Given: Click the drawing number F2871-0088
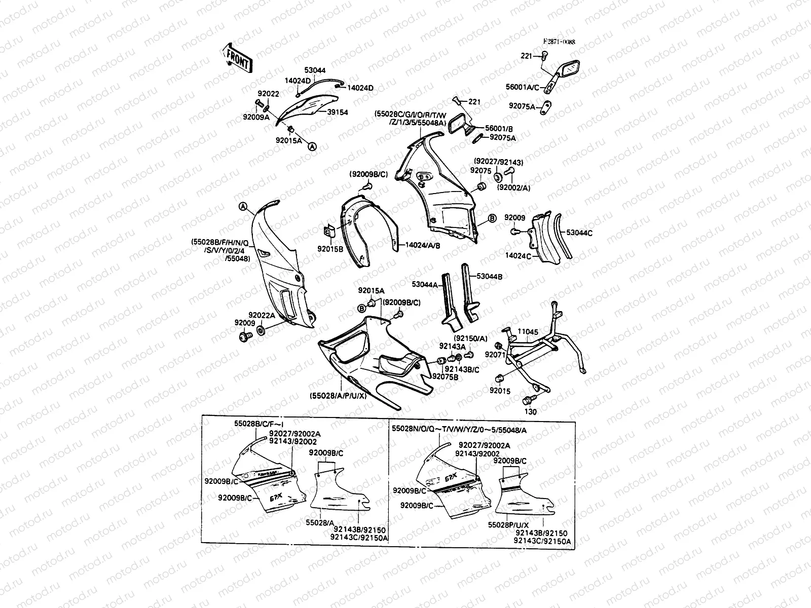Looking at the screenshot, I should (559, 43).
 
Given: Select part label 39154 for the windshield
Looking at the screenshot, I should (338, 112).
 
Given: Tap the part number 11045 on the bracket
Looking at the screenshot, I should (529, 332).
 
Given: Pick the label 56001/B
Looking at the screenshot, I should (499, 129).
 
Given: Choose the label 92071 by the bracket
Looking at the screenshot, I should (495, 355).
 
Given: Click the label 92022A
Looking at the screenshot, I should (262, 315).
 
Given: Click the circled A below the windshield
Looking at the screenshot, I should (312, 146).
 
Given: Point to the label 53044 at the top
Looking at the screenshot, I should (315, 70).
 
